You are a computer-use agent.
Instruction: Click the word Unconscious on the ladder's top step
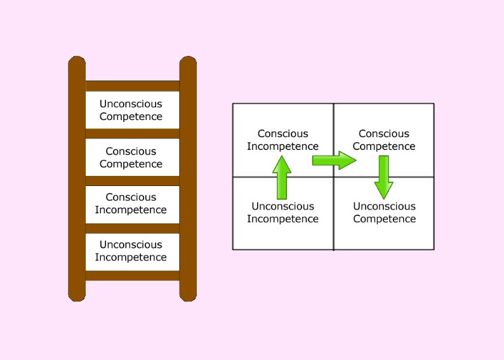131,104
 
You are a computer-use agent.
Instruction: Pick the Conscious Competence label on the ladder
131,157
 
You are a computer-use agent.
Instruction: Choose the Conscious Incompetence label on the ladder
131,204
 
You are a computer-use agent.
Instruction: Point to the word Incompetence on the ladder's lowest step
131,258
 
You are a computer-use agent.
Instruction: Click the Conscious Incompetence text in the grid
282,140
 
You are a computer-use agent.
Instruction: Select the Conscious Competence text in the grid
384,140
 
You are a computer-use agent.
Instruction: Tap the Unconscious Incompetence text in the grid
282,213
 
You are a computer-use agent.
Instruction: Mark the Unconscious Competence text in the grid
384,213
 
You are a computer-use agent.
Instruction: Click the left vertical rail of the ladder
77,178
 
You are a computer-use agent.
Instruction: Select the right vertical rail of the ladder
188,178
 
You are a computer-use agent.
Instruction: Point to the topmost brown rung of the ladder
132,86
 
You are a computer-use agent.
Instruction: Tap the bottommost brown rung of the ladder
132,276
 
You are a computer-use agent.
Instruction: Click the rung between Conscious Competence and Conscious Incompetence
132,181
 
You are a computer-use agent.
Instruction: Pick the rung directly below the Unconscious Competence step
132,133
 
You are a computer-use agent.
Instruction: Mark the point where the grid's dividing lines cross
333,177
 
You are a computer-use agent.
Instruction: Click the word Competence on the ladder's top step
131,117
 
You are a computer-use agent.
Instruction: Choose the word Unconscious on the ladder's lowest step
131,245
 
